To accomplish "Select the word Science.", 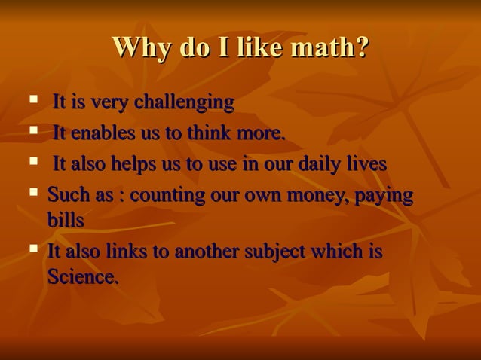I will coord(83,276).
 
